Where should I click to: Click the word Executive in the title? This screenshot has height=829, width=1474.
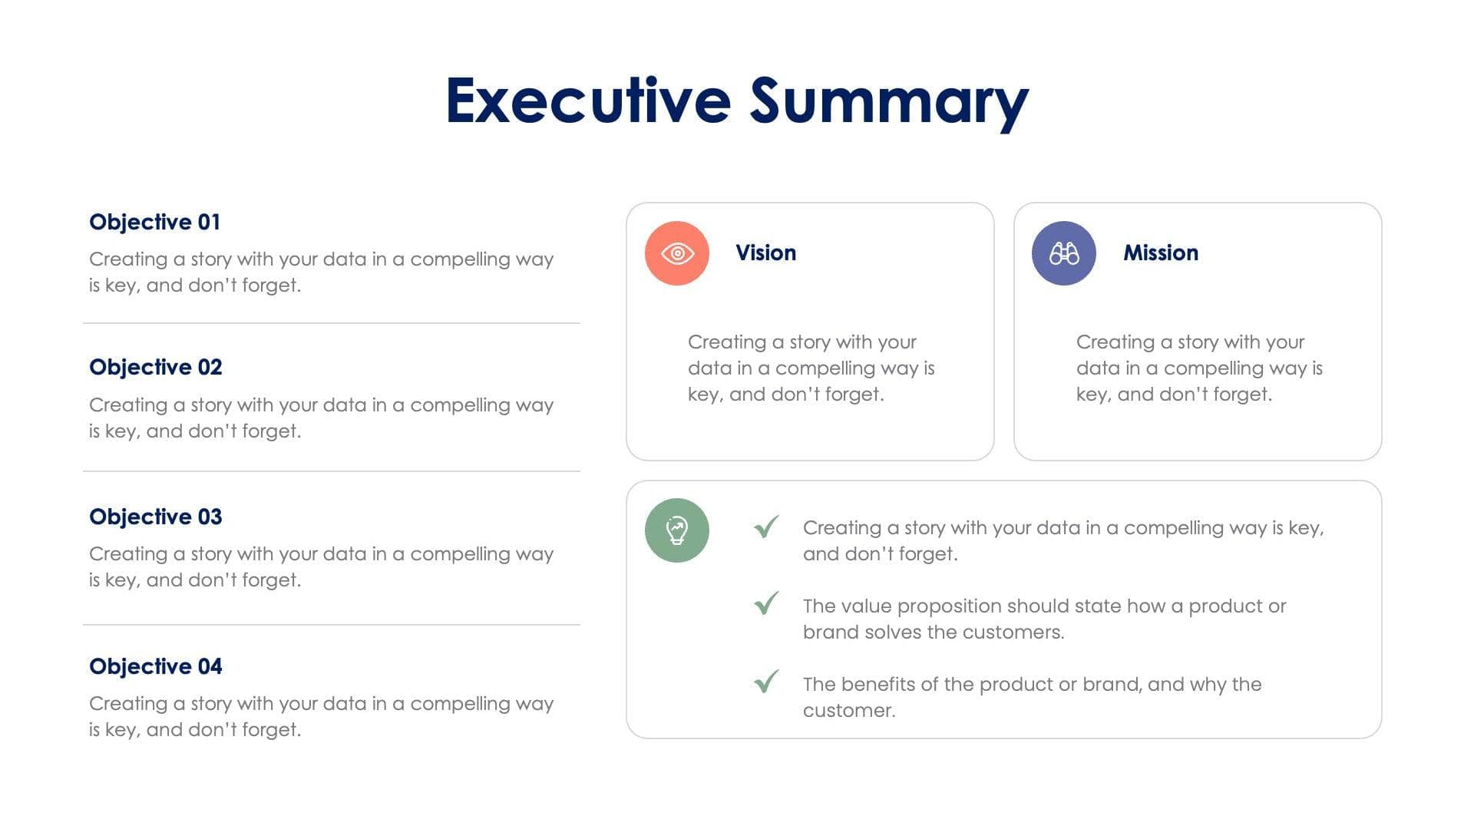tap(587, 101)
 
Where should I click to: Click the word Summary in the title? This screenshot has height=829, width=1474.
tap(888, 102)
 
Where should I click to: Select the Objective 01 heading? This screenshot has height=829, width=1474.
tap(154, 222)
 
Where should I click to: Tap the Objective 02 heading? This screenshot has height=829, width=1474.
tap(155, 367)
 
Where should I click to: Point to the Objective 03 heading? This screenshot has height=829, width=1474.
tap(155, 517)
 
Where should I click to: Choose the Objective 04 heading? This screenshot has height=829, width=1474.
tap(155, 666)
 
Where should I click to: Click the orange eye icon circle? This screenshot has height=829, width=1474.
tap(676, 253)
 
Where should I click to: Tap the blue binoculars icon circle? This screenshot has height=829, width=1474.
tap(1063, 253)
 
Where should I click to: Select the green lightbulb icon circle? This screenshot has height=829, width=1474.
tap(676, 530)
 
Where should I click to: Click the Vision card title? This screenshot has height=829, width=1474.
tap(765, 253)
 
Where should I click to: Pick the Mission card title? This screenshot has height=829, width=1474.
tap(1160, 253)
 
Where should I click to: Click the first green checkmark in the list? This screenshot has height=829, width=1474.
tap(766, 527)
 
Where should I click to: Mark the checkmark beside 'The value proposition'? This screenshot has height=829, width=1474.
tap(766, 604)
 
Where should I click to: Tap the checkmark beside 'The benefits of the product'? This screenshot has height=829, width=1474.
tap(766, 682)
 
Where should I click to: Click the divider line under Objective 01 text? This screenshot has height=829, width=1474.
tap(331, 323)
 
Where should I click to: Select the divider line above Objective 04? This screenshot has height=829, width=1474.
tap(331, 625)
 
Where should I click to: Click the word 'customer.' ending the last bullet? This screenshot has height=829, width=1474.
tap(849, 711)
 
